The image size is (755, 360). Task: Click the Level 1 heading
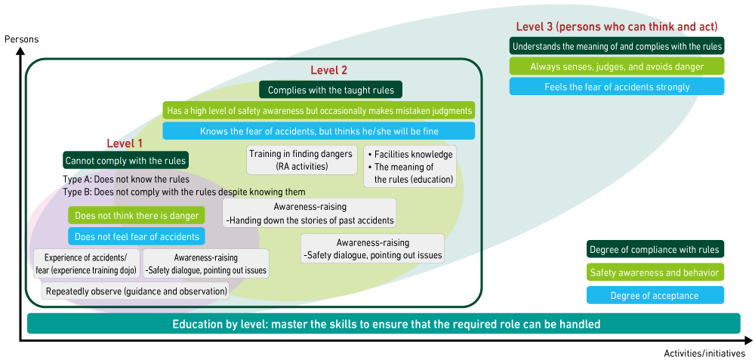tap(125, 143)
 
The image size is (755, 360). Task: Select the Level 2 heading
tap(329, 70)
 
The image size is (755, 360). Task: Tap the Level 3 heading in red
tap(617, 27)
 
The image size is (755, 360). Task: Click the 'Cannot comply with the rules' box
tap(125, 161)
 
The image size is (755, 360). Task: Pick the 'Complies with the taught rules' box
tap(331, 91)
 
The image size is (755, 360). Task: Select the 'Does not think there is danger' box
tap(137, 216)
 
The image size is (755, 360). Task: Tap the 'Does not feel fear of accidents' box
tap(137, 237)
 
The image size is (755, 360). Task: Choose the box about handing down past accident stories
tap(310, 213)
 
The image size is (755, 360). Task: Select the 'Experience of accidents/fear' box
tap(87, 263)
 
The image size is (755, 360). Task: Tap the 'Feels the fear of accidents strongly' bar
tap(617, 87)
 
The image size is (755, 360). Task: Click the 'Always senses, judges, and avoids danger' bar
tap(617, 66)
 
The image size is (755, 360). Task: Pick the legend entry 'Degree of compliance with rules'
tap(655, 250)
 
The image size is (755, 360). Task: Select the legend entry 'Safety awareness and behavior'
tap(655, 272)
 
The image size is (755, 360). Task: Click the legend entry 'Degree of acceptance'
tap(655, 295)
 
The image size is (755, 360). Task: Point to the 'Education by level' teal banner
tap(384, 325)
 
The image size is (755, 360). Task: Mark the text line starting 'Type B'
tap(184, 192)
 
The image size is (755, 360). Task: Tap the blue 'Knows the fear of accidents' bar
tap(319, 131)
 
